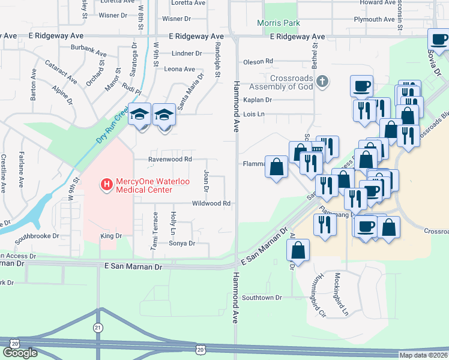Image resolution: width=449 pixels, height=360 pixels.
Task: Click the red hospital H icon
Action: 106,184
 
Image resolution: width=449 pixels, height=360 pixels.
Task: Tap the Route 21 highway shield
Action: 98,327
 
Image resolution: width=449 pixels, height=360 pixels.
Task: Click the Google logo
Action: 20,353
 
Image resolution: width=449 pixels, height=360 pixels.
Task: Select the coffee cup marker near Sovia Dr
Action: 439,40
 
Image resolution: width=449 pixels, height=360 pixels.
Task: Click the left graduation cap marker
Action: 139,114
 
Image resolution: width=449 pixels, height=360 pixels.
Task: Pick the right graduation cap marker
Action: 164,114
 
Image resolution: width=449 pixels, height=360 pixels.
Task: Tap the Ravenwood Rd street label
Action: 170,160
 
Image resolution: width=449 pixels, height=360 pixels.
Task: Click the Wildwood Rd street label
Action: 211,204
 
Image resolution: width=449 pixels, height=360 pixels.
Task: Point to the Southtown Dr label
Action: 262,298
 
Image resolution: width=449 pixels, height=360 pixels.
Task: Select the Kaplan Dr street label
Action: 258,100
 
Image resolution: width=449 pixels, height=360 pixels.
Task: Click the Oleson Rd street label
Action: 258,61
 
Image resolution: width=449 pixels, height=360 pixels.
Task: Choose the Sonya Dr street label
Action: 182,243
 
